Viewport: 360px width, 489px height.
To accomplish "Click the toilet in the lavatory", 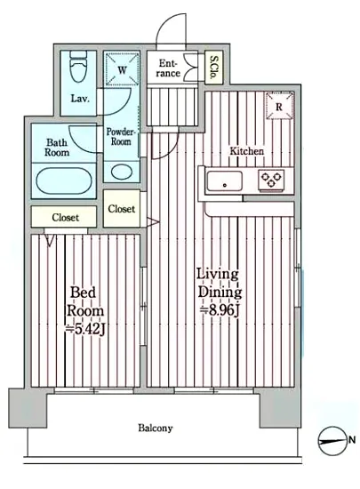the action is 77,66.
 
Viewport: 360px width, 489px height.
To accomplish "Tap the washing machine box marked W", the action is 122,69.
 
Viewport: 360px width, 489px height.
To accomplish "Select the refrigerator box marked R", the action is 279,106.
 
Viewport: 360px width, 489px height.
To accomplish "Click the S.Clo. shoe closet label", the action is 214,68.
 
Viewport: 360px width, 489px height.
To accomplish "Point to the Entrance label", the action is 168,68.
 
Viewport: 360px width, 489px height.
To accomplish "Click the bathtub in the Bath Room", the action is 64,180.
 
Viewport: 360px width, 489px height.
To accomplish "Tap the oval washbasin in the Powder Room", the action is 122,172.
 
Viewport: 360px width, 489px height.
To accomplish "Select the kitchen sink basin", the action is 224,180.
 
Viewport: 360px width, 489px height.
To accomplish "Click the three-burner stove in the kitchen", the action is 271,180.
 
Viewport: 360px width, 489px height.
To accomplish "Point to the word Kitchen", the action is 246,151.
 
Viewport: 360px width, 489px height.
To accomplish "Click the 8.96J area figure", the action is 220,310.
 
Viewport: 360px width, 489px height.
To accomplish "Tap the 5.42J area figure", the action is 84,329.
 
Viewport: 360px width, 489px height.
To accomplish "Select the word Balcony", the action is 156,428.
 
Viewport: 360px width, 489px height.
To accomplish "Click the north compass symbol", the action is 332,441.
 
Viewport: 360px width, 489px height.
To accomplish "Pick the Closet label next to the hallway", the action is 122,209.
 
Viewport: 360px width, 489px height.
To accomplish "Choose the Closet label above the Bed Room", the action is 66,217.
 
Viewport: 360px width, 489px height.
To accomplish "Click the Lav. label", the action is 80,99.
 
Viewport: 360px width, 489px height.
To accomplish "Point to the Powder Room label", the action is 121,137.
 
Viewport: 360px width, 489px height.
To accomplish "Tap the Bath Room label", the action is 57,148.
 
